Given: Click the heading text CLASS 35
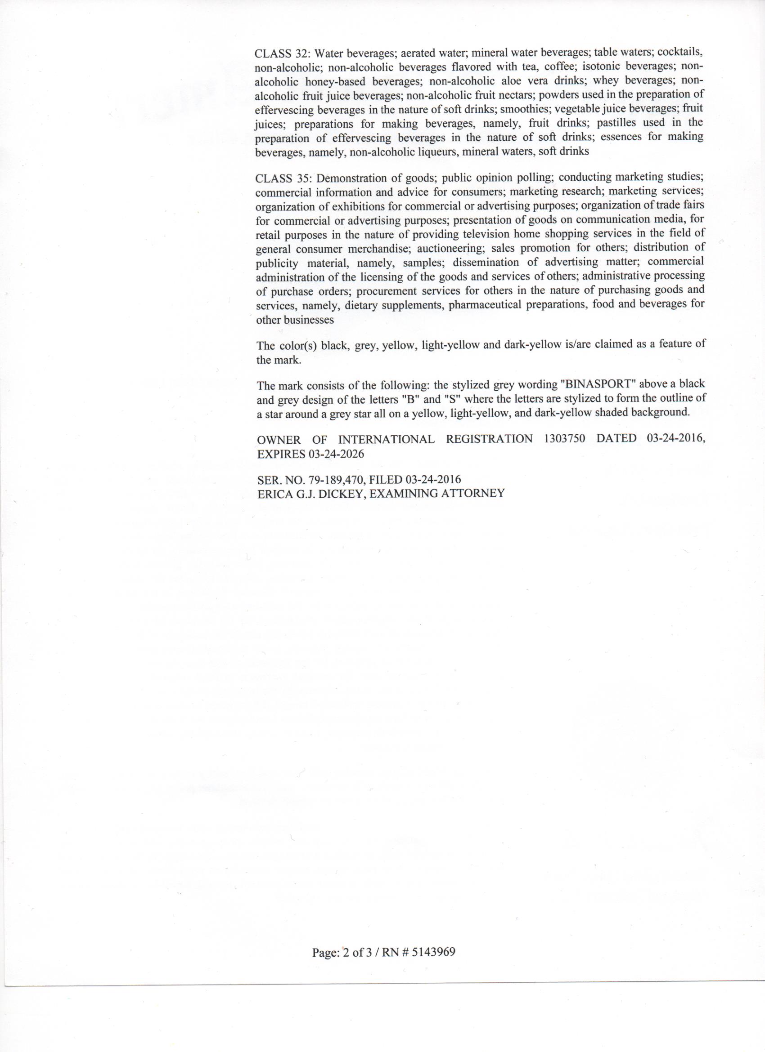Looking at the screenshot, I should [x=280, y=179].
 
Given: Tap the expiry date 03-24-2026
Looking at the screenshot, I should [x=336, y=454].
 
